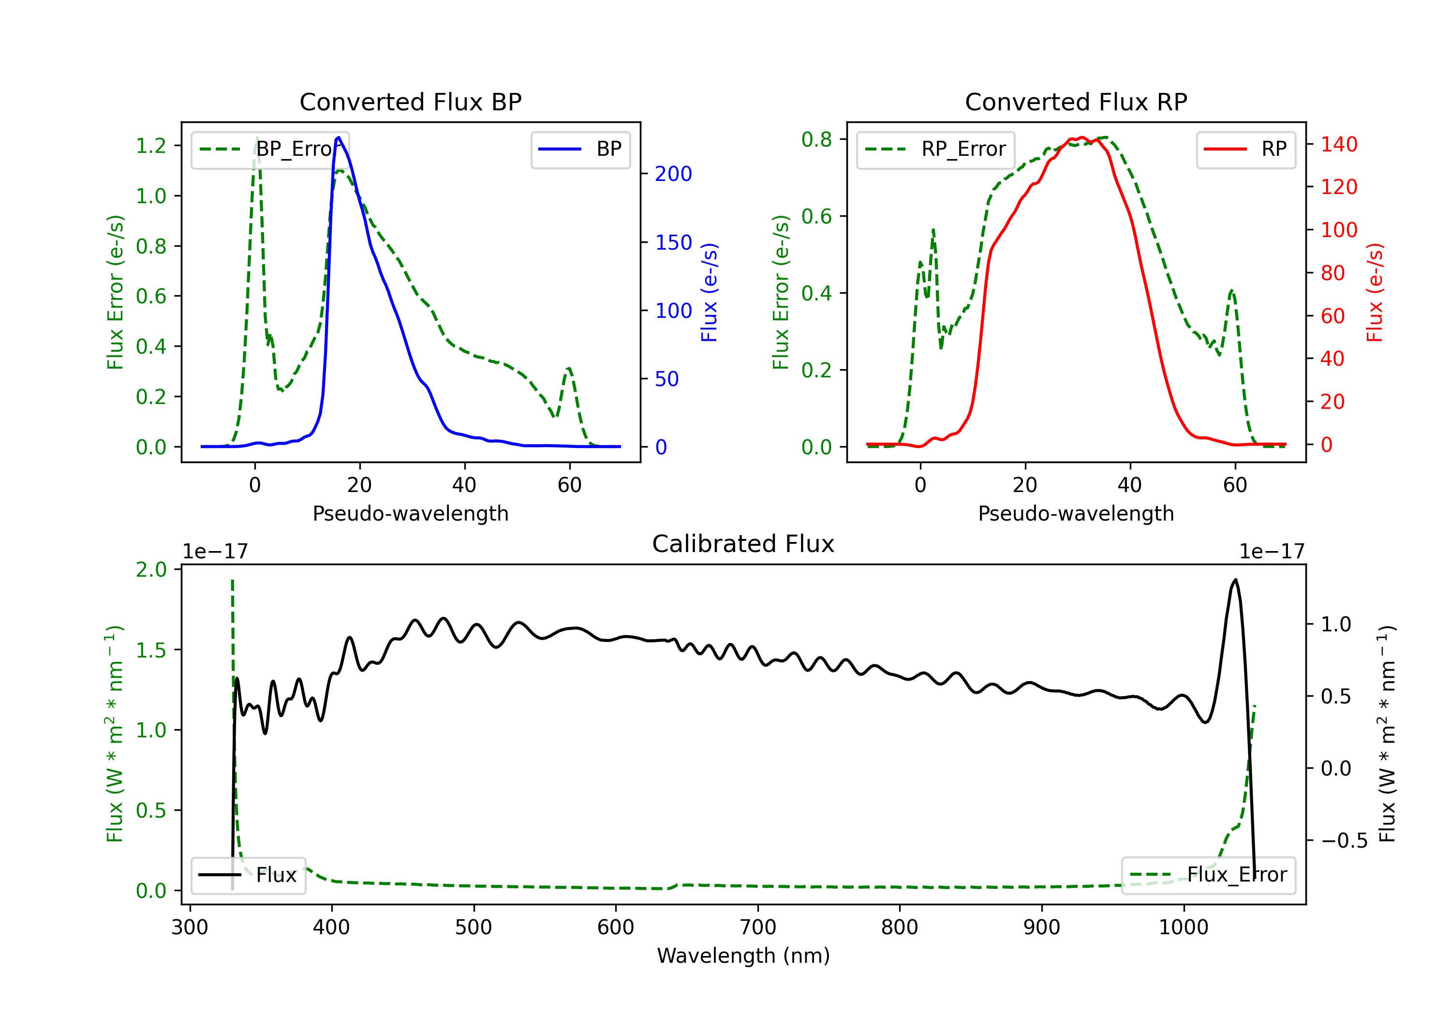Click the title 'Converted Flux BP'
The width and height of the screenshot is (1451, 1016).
pyautogui.click(x=410, y=102)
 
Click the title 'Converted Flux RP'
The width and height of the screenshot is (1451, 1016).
pyautogui.click(x=1076, y=102)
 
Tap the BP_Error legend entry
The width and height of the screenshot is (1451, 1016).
pyautogui.click(x=270, y=149)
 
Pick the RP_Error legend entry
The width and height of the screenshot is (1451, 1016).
pyautogui.click(x=935, y=149)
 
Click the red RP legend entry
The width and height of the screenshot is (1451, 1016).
pyautogui.click(x=1245, y=149)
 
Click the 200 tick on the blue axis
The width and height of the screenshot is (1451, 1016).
pyautogui.click(x=673, y=174)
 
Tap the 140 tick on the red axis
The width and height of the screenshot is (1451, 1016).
pyautogui.click(x=1338, y=145)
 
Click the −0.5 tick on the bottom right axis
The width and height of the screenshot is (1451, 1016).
pyautogui.click(x=1344, y=841)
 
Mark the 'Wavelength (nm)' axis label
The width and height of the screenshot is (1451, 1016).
pyautogui.click(x=743, y=956)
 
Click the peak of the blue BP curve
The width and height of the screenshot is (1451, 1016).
pyautogui.click(x=339, y=138)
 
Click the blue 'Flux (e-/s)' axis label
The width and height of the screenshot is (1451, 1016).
pyautogui.click(x=709, y=292)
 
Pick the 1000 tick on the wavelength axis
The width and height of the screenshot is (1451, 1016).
pyautogui.click(x=1183, y=927)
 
